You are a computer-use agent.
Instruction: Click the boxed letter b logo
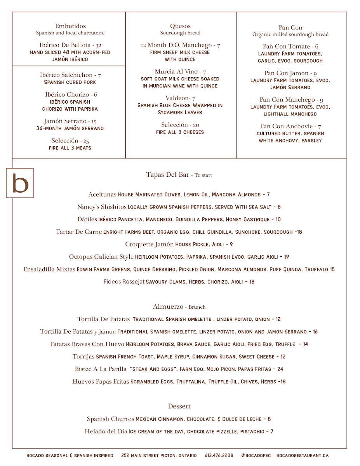[x=20, y=183]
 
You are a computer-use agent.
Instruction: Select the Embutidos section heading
[x=70, y=26]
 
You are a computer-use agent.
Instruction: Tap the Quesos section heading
[x=180, y=26]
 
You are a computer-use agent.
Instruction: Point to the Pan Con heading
[x=290, y=28]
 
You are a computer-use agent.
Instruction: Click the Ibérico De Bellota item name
[x=65, y=45]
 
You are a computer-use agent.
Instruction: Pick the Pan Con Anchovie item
[x=286, y=126]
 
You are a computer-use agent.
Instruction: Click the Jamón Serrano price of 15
[x=94, y=122]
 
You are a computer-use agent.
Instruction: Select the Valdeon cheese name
[x=177, y=98]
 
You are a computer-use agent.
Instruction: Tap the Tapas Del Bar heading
[x=168, y=175]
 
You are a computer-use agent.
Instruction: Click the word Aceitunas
[x=102, y=195]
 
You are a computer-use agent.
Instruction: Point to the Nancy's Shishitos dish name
[x=102, y=207]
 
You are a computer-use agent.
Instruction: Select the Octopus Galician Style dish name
[x=101, y=257]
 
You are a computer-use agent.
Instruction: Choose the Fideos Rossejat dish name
[x=123, y=282]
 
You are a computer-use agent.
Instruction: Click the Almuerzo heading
[x=168, y=306]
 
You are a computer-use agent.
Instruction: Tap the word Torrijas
[x=83, y=356]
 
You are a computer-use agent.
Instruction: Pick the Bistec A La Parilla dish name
[x=101, y=369]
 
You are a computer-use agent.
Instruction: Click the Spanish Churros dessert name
[x=110, y=419]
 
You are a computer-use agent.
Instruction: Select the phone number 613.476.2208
[x=219, y=456]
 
